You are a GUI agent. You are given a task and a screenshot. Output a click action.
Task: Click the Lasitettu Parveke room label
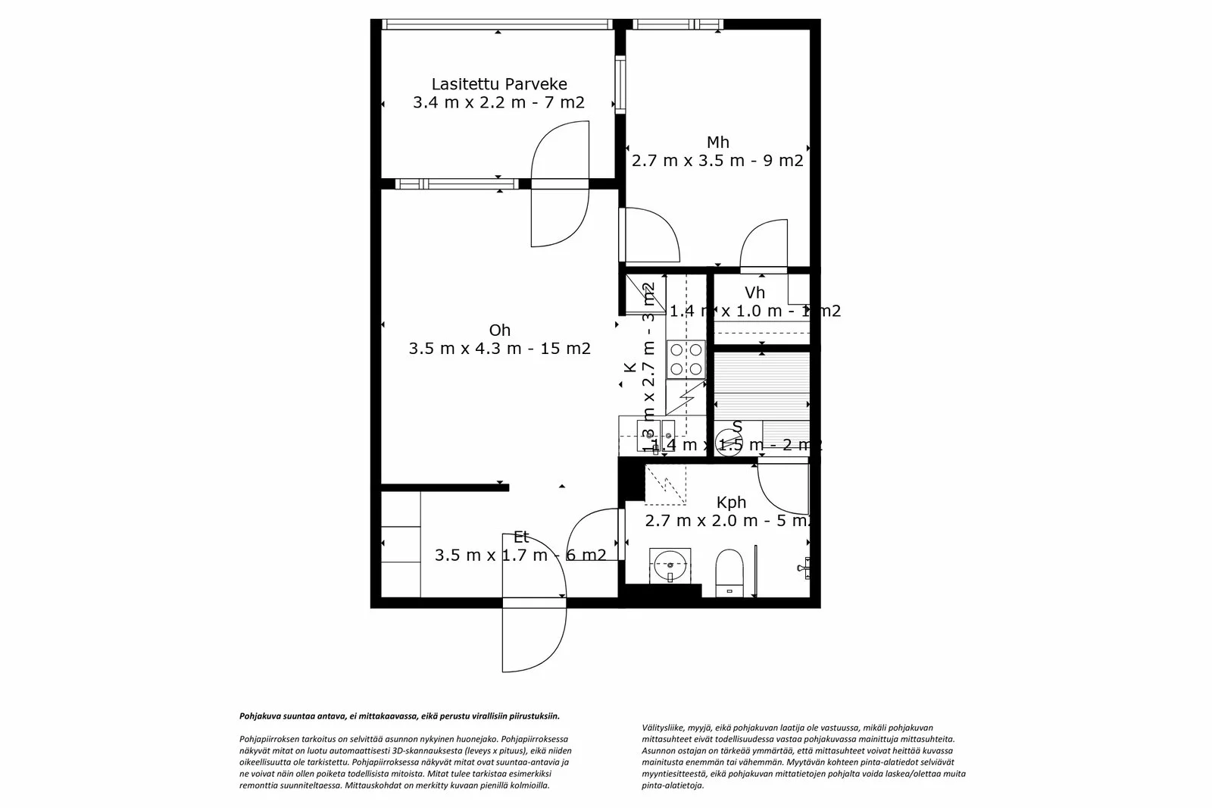[498, 84]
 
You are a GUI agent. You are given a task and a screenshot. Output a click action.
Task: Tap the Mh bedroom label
[717, 142]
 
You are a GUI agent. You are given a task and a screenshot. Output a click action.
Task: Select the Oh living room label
[499, 330]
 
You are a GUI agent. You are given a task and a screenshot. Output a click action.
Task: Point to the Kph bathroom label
[731, 503]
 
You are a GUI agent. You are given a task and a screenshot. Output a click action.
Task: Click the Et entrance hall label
[520, 537]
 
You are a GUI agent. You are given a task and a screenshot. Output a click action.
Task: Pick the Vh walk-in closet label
[754, 293]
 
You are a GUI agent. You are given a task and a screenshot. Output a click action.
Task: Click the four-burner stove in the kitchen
[686, 359]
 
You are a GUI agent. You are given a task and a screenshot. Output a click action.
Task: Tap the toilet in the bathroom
[729, 572]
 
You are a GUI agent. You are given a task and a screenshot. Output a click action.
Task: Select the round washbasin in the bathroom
[670, 565]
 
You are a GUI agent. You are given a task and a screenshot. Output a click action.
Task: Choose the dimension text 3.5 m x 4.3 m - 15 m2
[499, 349]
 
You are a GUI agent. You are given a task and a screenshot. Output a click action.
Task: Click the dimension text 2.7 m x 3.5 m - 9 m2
[717, 161]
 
